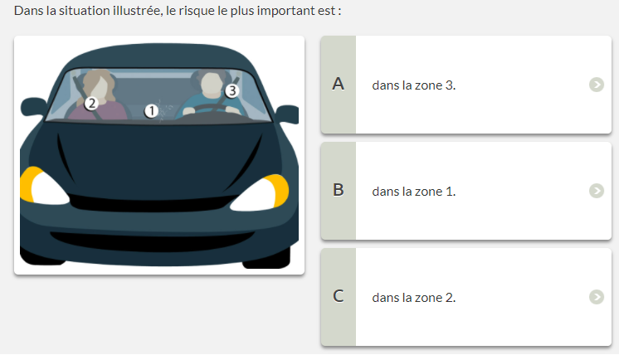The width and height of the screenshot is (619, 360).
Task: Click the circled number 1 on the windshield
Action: pyautogui.click(x=151, y=111)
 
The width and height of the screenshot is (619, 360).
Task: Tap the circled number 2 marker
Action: pyautogui.click(x=91, y=104)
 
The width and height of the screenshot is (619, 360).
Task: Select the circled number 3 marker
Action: pyautogui.click(x=232, y=90)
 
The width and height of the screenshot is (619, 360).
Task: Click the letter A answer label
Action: pyautogui.click(x=338, y=84)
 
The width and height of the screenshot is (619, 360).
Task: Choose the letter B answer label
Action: pyautogui.click(x=338, y=190)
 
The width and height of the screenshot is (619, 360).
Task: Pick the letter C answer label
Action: pyautogui.click(x=338, y=296)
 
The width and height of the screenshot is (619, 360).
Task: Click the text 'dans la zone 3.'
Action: pyautogui.click(x=414, y=85)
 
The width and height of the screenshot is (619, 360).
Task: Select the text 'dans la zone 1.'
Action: pyautogui.click(x=414, y=192)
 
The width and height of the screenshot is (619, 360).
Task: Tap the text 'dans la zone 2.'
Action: pyautogui.click(x=414, y=297)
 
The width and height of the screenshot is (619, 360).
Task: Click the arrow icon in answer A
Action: pyautogui.click(x=597, y=85)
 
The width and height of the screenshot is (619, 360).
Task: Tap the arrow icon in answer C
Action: pyautogui.click(x=597, y=297)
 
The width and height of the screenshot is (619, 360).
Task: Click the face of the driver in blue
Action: pyautogui.click(x=212, y=85)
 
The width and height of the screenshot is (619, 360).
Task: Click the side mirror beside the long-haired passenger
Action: pyautogui.click(x=33, y=106)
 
